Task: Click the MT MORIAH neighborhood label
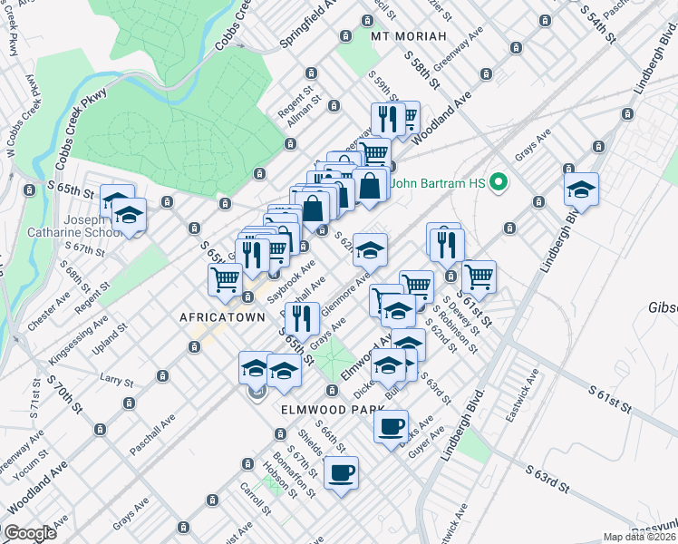[x=410, y=35]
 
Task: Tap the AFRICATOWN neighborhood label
[x=222, y=317]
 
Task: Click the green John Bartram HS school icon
[x=497, y=183]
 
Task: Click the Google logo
[x=31, y=533]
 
